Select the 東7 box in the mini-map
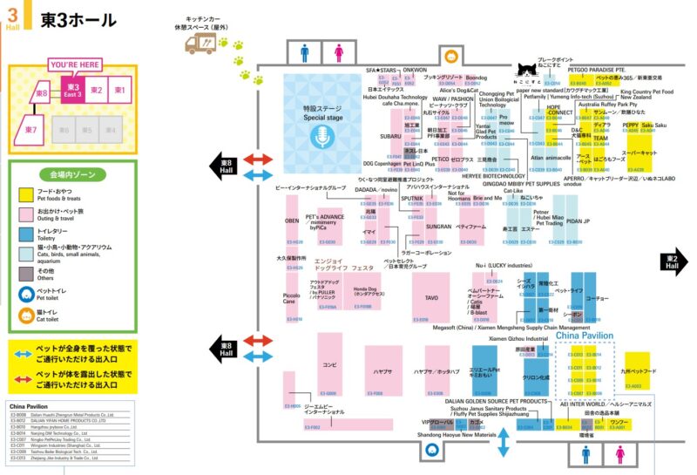coord(31,131)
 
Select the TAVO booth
coord(430,297)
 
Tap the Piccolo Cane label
coord(294,298)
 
